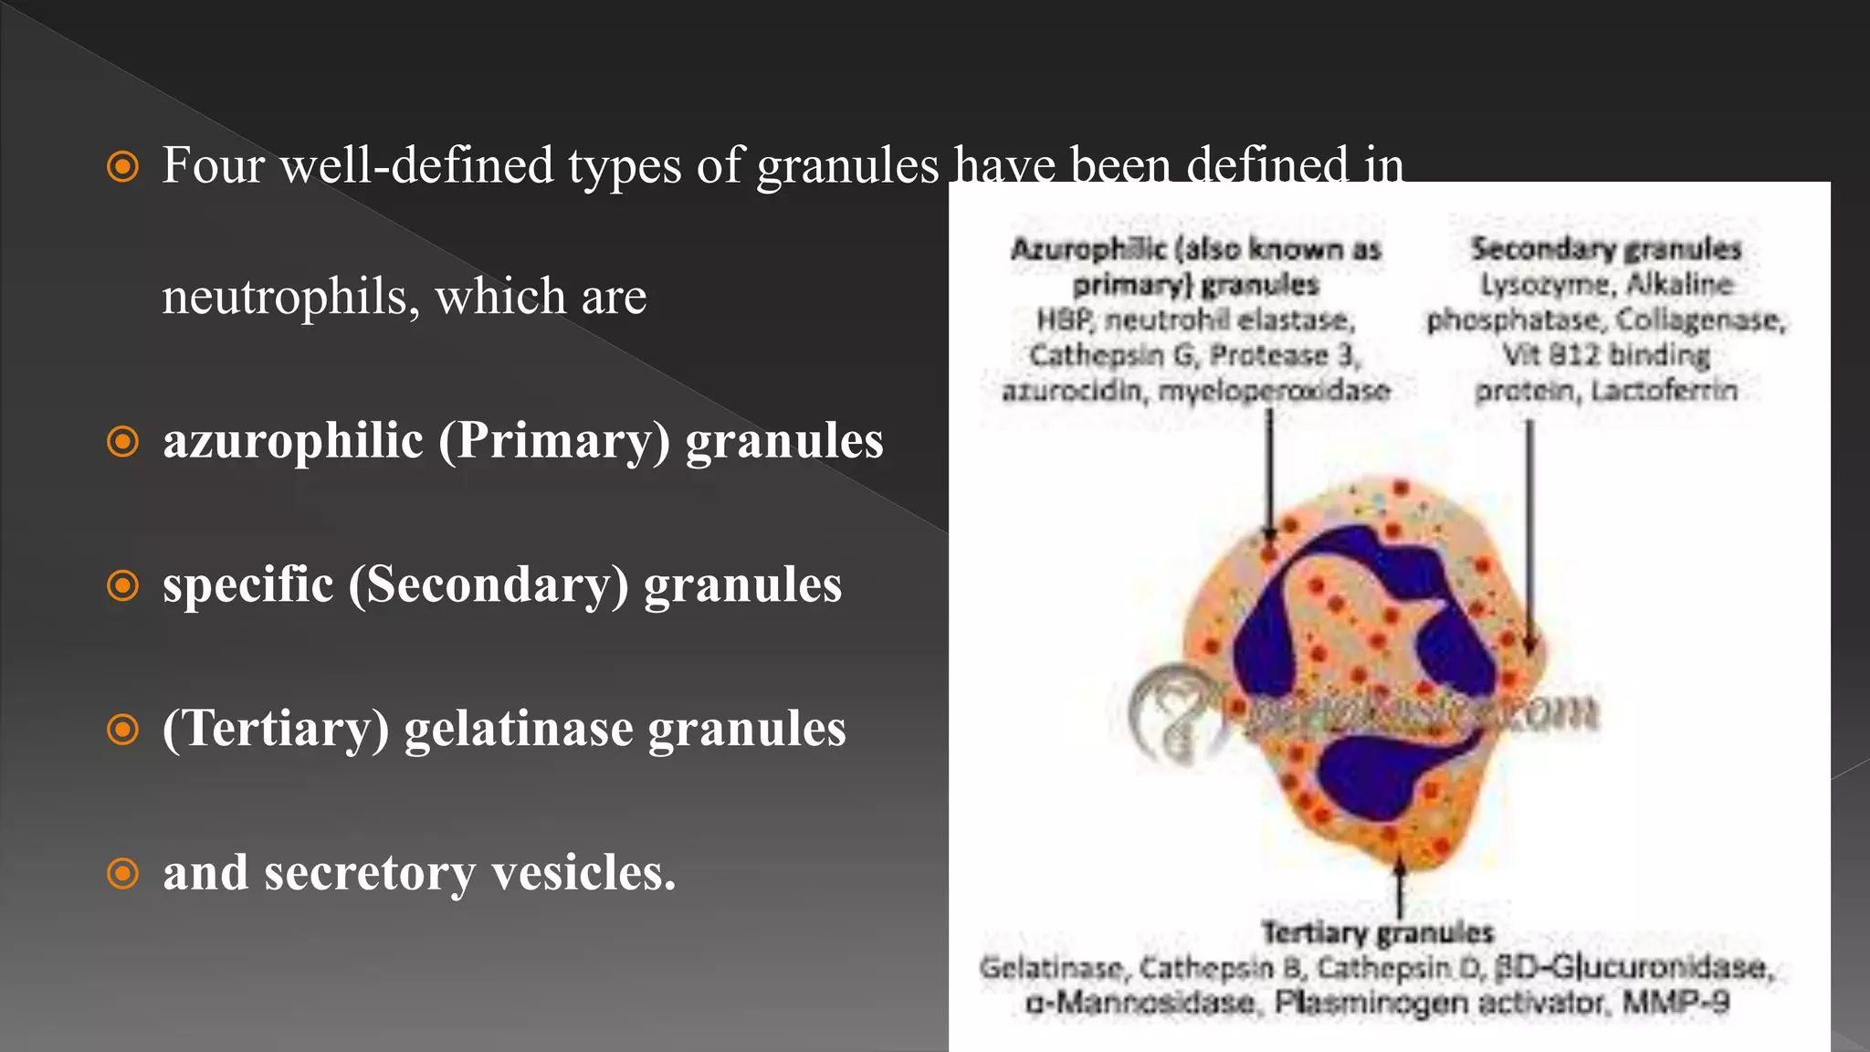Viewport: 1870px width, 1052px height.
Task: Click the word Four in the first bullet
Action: point(213,166)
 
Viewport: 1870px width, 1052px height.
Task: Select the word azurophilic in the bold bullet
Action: point(293,441)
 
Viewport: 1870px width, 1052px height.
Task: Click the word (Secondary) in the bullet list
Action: point(489,585)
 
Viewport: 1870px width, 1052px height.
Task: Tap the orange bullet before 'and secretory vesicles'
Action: point(122,873)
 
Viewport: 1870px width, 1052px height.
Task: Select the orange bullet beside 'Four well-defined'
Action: point(122,167)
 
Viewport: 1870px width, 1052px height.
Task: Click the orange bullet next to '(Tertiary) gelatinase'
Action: point(122,730)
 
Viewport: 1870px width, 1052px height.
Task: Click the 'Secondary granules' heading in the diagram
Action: point(1605,249)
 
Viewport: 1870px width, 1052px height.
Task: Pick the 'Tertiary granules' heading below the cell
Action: point(1377,932)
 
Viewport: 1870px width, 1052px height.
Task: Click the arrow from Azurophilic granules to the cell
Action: point(1269,475)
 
